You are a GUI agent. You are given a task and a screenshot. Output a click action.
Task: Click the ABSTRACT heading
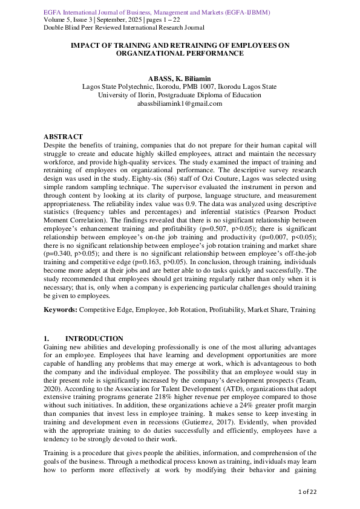coord(63,137)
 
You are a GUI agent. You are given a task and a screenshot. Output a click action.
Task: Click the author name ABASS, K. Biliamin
coord(179,79)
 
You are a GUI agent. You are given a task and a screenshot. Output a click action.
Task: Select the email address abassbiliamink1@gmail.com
coord(179,104)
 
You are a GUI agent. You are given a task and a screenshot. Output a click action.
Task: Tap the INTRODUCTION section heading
coord(94,339)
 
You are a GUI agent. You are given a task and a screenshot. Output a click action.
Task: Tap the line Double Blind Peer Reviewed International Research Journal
coord(124,28)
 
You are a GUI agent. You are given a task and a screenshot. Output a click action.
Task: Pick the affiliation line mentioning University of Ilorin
coord(179,96)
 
